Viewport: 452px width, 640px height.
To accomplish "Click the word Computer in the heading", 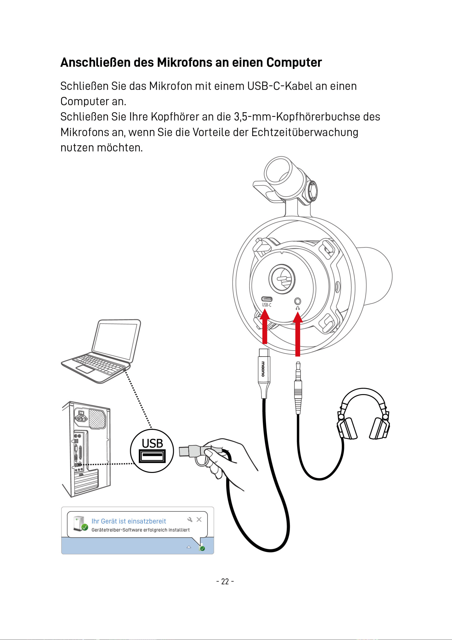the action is point(294,63).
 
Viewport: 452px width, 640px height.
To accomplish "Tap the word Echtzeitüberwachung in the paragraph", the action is point(305,132).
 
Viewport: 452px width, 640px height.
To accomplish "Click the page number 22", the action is point(225,581).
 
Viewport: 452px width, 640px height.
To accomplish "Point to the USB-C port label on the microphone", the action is point(267,305).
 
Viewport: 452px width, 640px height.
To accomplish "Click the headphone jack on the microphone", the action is point(297,301).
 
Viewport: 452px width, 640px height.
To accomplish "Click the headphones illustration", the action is point(363,414).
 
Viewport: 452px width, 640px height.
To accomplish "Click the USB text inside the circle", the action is point(152,443).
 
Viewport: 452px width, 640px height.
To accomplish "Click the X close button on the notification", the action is point(199,520).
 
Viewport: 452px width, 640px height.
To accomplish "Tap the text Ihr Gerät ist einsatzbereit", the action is point(129,521).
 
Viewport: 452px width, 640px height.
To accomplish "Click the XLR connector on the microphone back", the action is point(282,279).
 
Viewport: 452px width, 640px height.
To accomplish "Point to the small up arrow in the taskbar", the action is point(189,547).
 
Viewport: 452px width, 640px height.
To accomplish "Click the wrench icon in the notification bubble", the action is point(190,520).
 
